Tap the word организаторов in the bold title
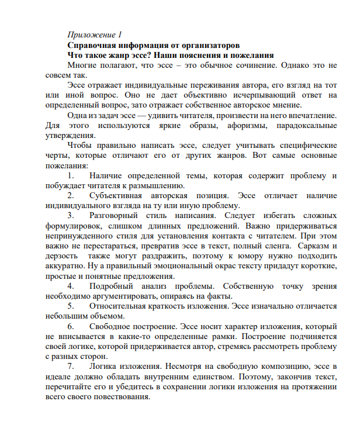click(209, 45)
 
